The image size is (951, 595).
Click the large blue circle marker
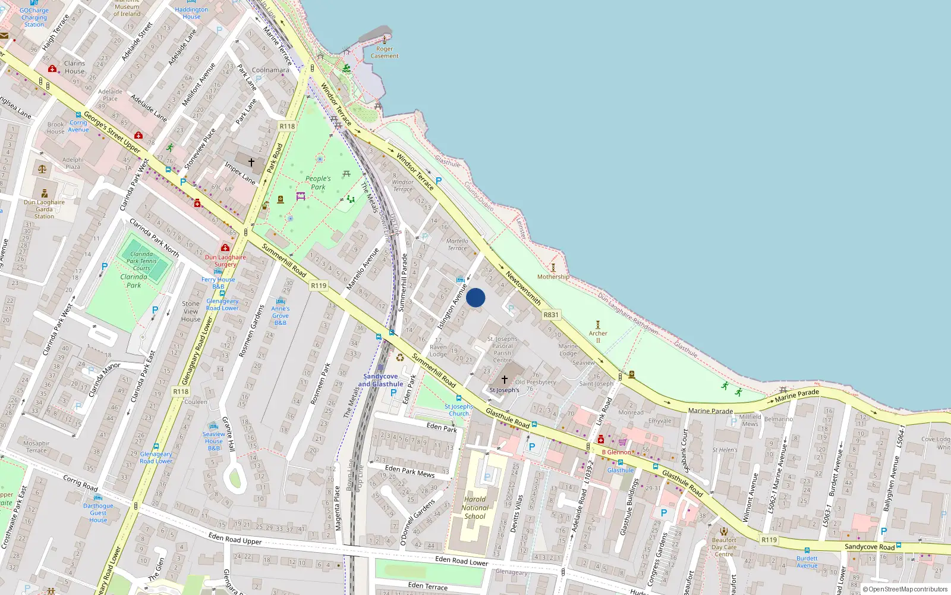(x=475, y=297)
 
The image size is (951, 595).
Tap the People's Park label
(x=318, y=183)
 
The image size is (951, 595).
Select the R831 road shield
(x=551, y=315)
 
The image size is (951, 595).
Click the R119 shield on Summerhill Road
(x=319, y=286)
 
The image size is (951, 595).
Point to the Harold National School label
(x=475, y=508)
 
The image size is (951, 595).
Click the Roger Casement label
(x=385, y=52)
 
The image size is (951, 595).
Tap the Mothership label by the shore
(x=553, y=277)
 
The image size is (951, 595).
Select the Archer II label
(x=598, y=337)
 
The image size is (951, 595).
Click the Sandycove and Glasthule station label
(x=380, y=380)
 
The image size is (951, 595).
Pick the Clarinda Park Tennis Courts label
(x=141, y=261)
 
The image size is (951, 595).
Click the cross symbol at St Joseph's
(x=505, y=379)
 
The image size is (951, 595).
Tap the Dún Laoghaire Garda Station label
(x=44, y=209)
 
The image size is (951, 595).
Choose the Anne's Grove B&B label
(x=281, y=315)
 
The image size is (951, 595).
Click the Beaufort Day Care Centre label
(x=724, y=547)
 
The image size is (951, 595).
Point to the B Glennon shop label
(x=616, y=452)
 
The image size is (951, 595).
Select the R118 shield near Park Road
(x=287, y=126)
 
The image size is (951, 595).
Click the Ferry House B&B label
(x=218, y=283)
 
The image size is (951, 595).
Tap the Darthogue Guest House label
(x=98, y=513)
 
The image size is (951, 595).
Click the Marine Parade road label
(x=796, y=396)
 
